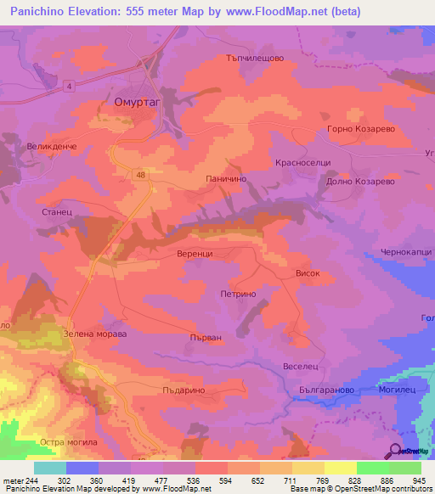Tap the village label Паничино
click(x=227, y=179)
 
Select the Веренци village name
click(x=201, y=254)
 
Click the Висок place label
click(x=308, y=274)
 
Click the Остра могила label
click(x=69, y=443)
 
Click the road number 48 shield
click(x=138, y=174)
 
